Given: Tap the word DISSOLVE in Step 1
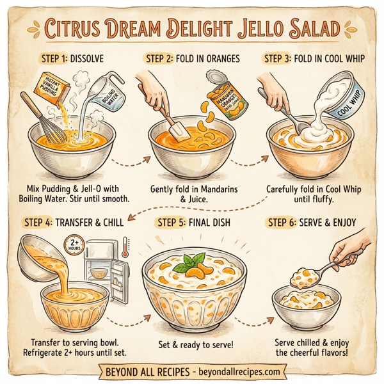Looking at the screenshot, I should pos(86,59).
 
